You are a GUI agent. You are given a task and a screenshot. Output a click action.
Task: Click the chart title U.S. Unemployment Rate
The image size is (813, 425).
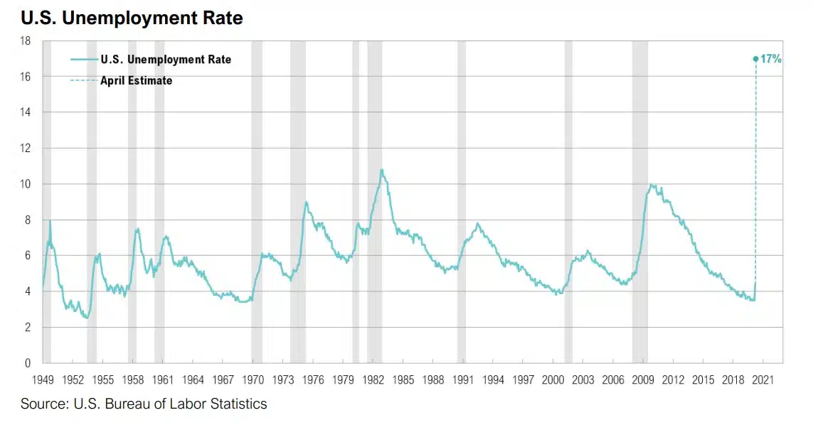point(132,18)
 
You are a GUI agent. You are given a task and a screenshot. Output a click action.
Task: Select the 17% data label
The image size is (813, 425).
point(771,59)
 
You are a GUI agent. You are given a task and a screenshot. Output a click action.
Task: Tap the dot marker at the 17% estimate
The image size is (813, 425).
point(755,59)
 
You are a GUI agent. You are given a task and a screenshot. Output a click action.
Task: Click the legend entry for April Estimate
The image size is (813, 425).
point(136,80)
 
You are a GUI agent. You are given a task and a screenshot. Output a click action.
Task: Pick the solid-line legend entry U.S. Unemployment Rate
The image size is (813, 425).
point(166,60)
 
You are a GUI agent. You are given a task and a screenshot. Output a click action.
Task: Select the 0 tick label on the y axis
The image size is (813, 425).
point(27,363)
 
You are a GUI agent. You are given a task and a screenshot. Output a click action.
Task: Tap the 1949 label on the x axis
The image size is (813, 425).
point(43,380)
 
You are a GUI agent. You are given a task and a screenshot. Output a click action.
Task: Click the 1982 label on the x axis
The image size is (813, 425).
point(373,380)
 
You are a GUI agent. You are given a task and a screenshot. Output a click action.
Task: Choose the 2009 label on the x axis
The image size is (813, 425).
point(643,380)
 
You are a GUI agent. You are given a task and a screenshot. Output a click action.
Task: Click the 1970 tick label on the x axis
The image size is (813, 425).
point(253,380)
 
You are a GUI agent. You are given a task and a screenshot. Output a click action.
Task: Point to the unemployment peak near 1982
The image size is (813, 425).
point(381,170)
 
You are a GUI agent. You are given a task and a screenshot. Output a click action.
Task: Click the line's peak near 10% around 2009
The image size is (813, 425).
point(651,185)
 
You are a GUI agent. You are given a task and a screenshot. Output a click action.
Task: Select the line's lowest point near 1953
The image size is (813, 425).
point(86,318)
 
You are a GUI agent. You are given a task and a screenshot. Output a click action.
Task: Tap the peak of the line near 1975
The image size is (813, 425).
point(306,202)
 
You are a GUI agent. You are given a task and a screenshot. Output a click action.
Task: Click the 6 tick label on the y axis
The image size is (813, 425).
point(27,256)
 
